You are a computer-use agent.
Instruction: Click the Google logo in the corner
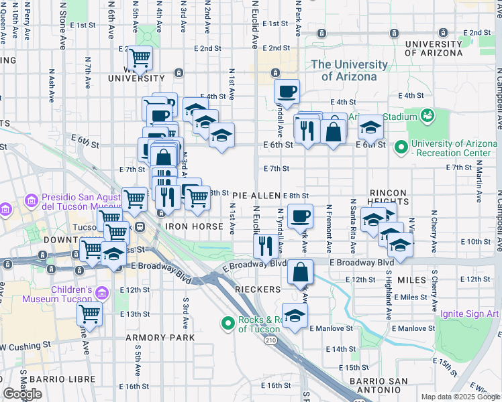22,394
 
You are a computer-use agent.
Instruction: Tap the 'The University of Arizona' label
349,70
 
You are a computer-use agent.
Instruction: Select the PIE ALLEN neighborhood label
256,195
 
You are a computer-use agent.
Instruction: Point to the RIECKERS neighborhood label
258,289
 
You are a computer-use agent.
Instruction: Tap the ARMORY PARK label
160,337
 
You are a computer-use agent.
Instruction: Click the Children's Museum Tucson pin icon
103,293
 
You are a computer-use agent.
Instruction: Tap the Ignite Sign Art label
470,314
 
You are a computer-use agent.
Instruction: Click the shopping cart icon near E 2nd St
140,58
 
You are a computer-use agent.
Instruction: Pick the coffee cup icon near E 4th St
287,91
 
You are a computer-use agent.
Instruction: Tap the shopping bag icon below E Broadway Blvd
301,271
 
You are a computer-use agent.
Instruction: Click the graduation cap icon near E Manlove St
295,316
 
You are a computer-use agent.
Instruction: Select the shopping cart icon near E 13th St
89,313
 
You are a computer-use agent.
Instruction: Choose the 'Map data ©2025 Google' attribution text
460,397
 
